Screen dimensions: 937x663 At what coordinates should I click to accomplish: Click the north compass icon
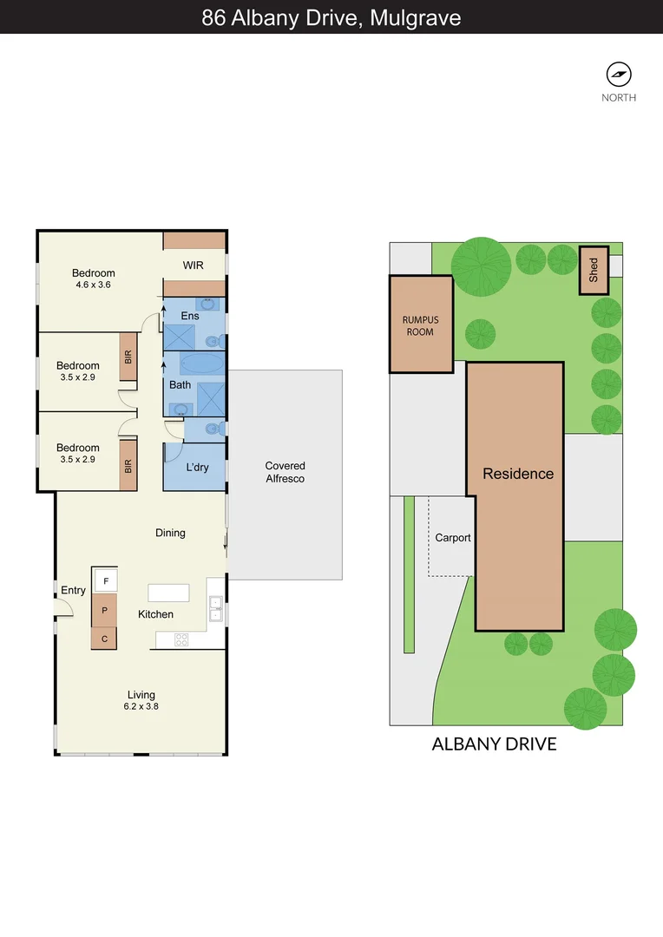click(619, 74)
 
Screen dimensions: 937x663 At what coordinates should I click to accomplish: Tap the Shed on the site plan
click(594, 270)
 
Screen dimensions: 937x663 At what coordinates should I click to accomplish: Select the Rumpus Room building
click(421, 324)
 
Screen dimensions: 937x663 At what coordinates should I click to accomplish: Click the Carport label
click(453, 538)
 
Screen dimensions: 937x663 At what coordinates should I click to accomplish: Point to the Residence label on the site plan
click(518, 474)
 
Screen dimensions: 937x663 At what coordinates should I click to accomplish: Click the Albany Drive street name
click(494, 744)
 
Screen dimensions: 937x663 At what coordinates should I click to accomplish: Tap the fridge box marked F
click(105, 580)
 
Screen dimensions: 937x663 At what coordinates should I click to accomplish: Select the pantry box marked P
click(105, 610)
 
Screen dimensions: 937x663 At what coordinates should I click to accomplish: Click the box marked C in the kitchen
click(105, 639)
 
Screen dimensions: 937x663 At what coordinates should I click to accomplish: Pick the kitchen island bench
click(168, 593)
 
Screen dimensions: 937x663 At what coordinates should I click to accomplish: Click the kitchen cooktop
click(182, 640)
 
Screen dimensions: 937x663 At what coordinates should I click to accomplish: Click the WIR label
click(193, 265)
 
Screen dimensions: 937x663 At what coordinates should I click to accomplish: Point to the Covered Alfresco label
click(285, 472)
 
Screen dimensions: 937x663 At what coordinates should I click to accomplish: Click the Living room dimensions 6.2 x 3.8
click(141, 706)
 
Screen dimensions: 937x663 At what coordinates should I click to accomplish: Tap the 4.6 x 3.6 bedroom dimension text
click(93, 285)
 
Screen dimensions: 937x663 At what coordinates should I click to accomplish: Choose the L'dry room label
click(197, 468)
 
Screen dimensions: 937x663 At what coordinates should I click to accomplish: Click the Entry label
click(73, 591)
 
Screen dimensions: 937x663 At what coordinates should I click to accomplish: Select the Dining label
click(170, 533)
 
